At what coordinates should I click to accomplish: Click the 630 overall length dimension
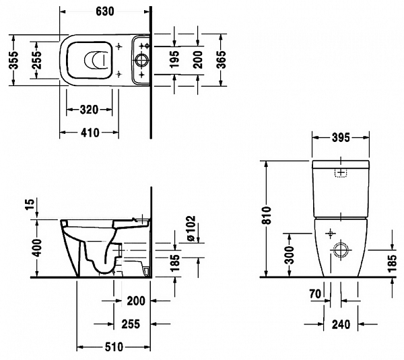104,12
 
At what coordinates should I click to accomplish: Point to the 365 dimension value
221,61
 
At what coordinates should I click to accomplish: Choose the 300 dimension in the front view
288,254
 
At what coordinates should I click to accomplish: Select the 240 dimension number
341,324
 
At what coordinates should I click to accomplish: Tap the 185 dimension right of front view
393,256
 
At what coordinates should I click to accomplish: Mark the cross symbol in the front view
329,234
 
